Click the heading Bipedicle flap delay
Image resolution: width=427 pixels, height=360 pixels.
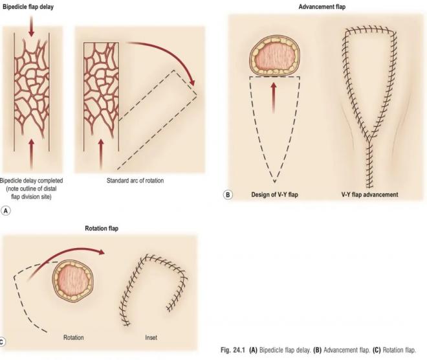coord(28,7)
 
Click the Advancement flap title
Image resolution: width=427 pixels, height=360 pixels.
coord(322,7)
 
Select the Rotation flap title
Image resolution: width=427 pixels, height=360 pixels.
coord(102,229)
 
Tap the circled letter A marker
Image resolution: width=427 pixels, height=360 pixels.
coord(6,210)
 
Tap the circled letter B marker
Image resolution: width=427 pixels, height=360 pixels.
coord(228,195)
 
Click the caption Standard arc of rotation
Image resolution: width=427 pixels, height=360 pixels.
coord(135,181)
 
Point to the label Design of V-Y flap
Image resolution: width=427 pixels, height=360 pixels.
coord(274,195)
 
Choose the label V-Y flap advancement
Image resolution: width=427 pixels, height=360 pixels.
coord(369,195)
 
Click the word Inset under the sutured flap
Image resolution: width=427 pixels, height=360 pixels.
coord(151,337)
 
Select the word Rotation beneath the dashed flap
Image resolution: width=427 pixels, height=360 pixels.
coord(74,337)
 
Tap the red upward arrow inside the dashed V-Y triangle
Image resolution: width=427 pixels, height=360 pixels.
coord(274,98)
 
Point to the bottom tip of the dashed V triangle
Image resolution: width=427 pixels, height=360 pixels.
coord(274,182)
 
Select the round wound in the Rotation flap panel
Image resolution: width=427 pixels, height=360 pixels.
coord(72,281)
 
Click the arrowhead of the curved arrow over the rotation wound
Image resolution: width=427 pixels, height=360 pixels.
coord(102,253)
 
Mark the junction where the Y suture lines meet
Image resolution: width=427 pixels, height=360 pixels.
coord(369,141)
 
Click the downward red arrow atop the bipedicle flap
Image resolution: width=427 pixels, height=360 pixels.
coord(31,26)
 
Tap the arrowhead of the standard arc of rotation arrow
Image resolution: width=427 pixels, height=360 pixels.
coord(192,82)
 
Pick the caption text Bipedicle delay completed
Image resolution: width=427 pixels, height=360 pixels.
coord(31,181)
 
